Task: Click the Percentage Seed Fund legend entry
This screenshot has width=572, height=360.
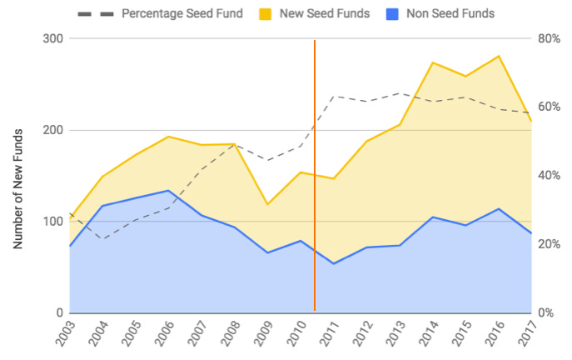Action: tap(182, 13)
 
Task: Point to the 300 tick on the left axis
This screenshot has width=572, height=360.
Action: tap(52, 39)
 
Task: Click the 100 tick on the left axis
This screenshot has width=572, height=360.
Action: tap(52, 222)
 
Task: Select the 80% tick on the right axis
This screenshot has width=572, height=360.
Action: tap(547, 39)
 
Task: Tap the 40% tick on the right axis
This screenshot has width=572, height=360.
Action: tap(547, 176)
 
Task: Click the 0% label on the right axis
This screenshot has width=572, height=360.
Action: tap(545, 312)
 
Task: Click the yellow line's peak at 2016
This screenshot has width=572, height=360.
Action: tap(498, 56)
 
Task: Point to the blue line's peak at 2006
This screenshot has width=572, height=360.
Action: tap(169, 191)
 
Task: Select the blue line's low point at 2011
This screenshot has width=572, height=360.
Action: tap(334, 263)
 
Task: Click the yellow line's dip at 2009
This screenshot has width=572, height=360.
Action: tap(268, 204)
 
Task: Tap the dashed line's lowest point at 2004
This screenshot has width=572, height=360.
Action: tap(103, 239)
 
